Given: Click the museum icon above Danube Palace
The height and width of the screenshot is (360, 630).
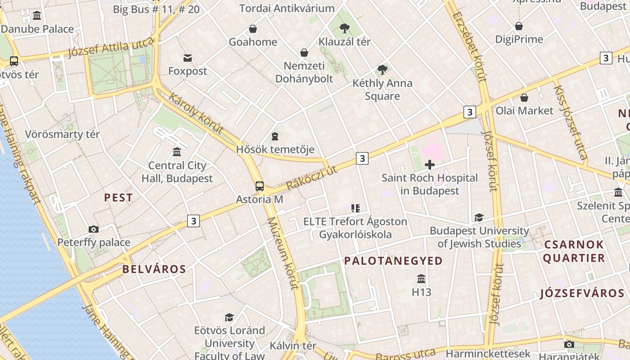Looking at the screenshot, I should point(37,16).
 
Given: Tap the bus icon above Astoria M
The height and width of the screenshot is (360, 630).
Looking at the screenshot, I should point(260,186).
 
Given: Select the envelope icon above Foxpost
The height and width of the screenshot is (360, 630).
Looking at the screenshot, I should point(188,58).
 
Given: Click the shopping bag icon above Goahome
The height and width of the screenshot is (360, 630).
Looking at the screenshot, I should point(253,29).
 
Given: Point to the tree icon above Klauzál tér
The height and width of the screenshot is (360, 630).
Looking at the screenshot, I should point(345,28).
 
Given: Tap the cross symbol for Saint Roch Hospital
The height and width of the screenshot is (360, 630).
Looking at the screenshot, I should point(430,165).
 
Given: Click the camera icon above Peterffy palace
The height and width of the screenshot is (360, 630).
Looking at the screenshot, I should point(94,229).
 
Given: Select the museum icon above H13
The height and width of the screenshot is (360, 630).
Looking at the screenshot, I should point(421,279).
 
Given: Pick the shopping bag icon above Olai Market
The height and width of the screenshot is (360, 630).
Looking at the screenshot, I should point(524,98).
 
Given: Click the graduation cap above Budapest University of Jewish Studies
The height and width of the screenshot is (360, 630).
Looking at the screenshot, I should point(479,218).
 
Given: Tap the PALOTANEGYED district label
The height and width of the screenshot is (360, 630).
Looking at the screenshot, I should point(393,261).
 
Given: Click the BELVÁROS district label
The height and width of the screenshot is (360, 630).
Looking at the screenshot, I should point(154,269).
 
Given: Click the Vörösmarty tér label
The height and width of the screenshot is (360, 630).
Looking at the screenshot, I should point(62,134).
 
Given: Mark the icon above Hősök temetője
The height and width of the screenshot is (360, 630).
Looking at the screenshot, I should point(275,136).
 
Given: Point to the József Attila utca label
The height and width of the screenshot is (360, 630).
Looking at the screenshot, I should point(111,48).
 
